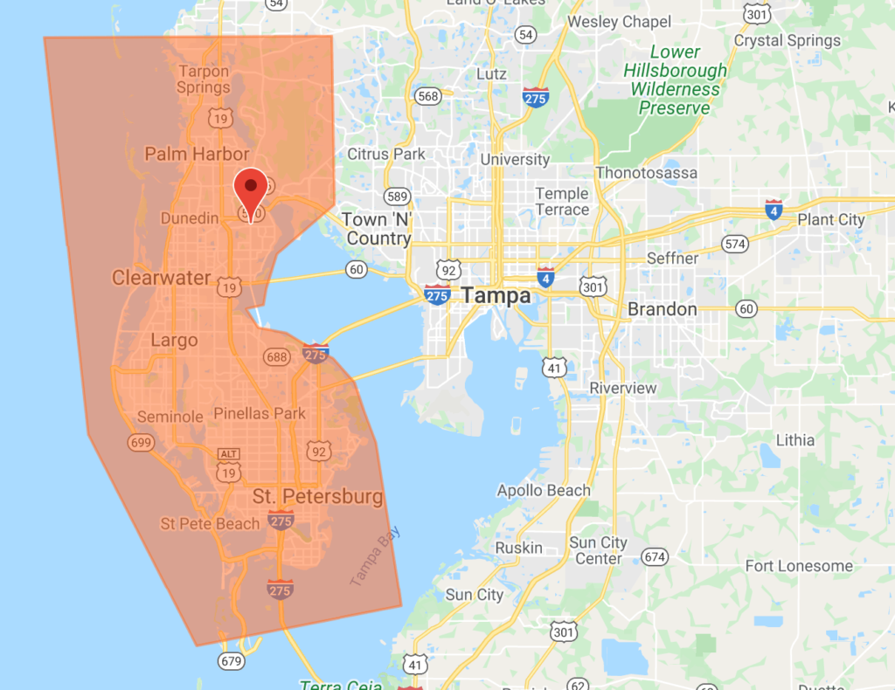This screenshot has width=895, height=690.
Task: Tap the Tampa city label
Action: coord(496,295)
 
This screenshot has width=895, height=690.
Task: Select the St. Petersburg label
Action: coord(318,497)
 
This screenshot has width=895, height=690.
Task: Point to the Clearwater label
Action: coord(162,278)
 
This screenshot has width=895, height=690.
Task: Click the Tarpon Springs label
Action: coord(204,79)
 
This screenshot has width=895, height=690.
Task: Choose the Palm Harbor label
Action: coord(197,155)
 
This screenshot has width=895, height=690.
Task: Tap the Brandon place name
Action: coord(663,309)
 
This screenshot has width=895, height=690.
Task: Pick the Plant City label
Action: coord(830,219)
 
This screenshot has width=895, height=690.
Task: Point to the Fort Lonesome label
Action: coord(799,566)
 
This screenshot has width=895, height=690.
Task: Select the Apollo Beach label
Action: coord(544,490)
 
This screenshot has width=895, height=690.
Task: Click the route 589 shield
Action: coord(398,197)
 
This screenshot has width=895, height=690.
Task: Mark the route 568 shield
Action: coord(428,96)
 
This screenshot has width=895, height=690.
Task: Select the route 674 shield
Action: coord(654,556)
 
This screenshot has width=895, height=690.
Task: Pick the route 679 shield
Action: coord(231,661)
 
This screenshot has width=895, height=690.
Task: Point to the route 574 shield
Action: coord(736,244)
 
